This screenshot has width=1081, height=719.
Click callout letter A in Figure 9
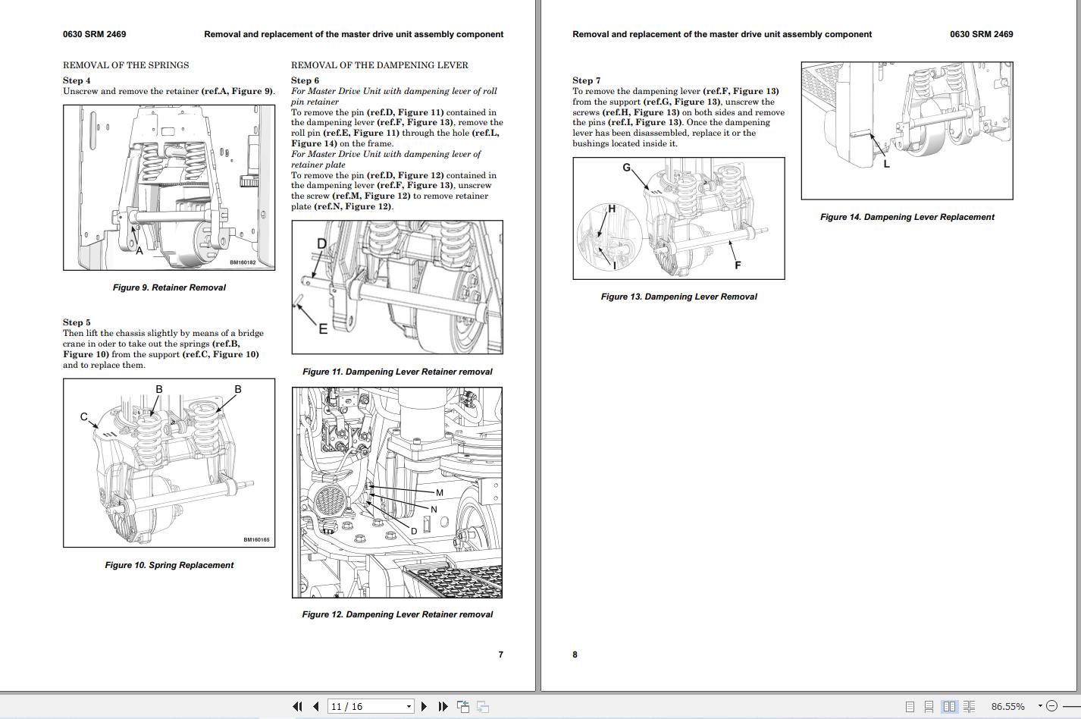point(139,250)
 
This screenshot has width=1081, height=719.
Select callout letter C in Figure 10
point(84,416)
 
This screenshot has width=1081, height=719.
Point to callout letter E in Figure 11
point(323,328)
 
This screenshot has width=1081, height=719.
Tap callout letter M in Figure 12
point(439,493)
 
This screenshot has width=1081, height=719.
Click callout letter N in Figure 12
point(434,510)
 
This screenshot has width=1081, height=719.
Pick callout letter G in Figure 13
point(626,168)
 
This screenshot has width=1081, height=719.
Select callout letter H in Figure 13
point(611,209)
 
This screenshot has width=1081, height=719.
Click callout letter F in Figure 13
point(737,265)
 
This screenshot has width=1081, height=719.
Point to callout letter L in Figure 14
point(886,164)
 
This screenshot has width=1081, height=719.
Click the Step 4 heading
point(77,80)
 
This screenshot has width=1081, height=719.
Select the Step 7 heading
point(586,80)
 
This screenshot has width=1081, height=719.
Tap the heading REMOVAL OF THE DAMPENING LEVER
point(379,65)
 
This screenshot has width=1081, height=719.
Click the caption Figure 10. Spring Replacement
point(169,565)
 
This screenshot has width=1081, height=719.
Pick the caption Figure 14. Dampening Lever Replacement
point(907,217)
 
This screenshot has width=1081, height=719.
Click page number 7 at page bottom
point(500,655)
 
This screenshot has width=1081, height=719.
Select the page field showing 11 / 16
point(370,706)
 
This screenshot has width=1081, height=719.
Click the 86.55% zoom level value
point(1007,706)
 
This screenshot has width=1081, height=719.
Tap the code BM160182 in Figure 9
point(243,263)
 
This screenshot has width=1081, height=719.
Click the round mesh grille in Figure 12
point(331,501)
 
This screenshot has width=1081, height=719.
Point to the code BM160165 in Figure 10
point(256,540)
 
